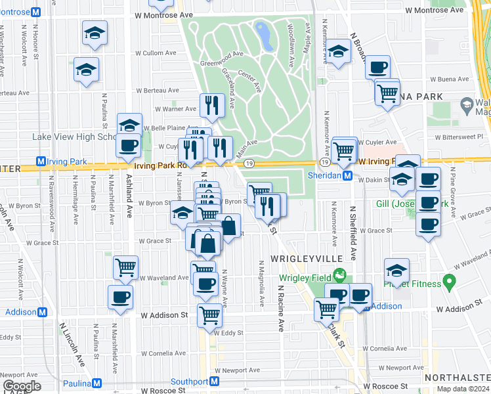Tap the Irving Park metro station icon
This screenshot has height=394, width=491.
click(41, 162)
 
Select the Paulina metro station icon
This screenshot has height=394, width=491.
click(97, 383)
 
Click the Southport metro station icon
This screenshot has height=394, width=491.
click(214, 382)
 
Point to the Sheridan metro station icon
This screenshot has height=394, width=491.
click(349, 176)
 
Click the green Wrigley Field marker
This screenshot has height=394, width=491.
click(339, 274)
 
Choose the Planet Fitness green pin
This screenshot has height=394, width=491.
click(449, 282)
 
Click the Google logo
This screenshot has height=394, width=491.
click(22, 386)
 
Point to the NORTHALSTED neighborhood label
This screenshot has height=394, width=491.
click(457, 378)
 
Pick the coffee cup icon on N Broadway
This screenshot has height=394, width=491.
click(377, 67)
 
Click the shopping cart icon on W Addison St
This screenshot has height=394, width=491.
click(209, 315)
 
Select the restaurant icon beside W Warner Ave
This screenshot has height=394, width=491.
click(212, 104)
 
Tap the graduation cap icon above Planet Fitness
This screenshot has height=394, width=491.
click(396, 269)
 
